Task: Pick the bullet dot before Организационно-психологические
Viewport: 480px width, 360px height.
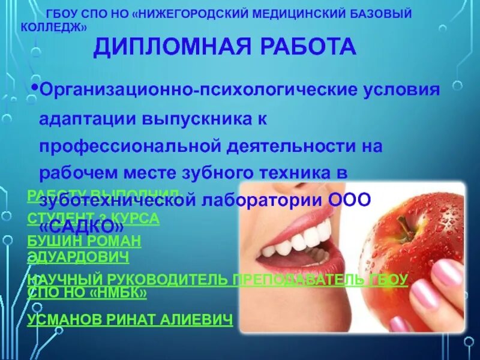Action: coord(35,88)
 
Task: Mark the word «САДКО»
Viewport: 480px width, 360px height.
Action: coord(82,227)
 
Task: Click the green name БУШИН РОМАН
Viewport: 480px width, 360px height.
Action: coord(84,241)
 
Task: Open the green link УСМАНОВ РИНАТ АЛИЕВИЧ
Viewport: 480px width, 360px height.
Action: coord(130,320)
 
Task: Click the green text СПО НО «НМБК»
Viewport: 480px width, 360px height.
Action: coord(87,293)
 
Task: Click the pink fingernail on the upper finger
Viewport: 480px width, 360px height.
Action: coord(447,273)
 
